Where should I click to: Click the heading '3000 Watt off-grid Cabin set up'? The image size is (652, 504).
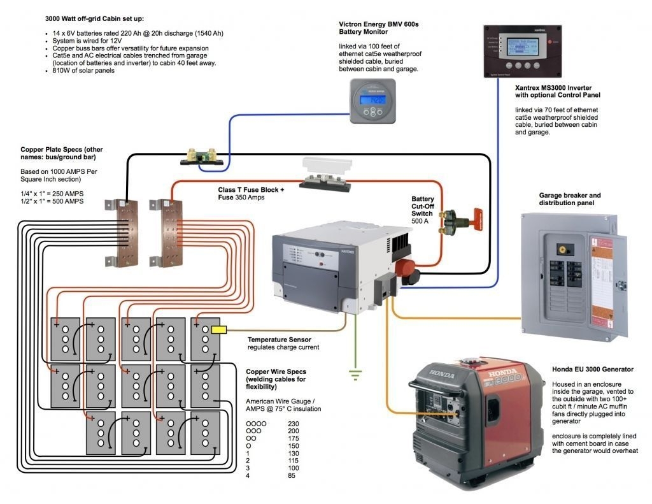95,19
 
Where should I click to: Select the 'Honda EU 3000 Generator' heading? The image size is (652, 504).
593,369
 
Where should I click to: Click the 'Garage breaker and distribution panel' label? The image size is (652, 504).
569,199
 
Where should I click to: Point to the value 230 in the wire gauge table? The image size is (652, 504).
294,423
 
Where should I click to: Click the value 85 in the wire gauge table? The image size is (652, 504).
292,475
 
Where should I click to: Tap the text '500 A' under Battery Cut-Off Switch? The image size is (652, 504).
422,221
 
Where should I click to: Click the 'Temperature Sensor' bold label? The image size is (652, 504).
280,340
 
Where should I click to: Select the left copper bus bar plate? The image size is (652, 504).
124,231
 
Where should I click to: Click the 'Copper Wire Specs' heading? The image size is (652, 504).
276,371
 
